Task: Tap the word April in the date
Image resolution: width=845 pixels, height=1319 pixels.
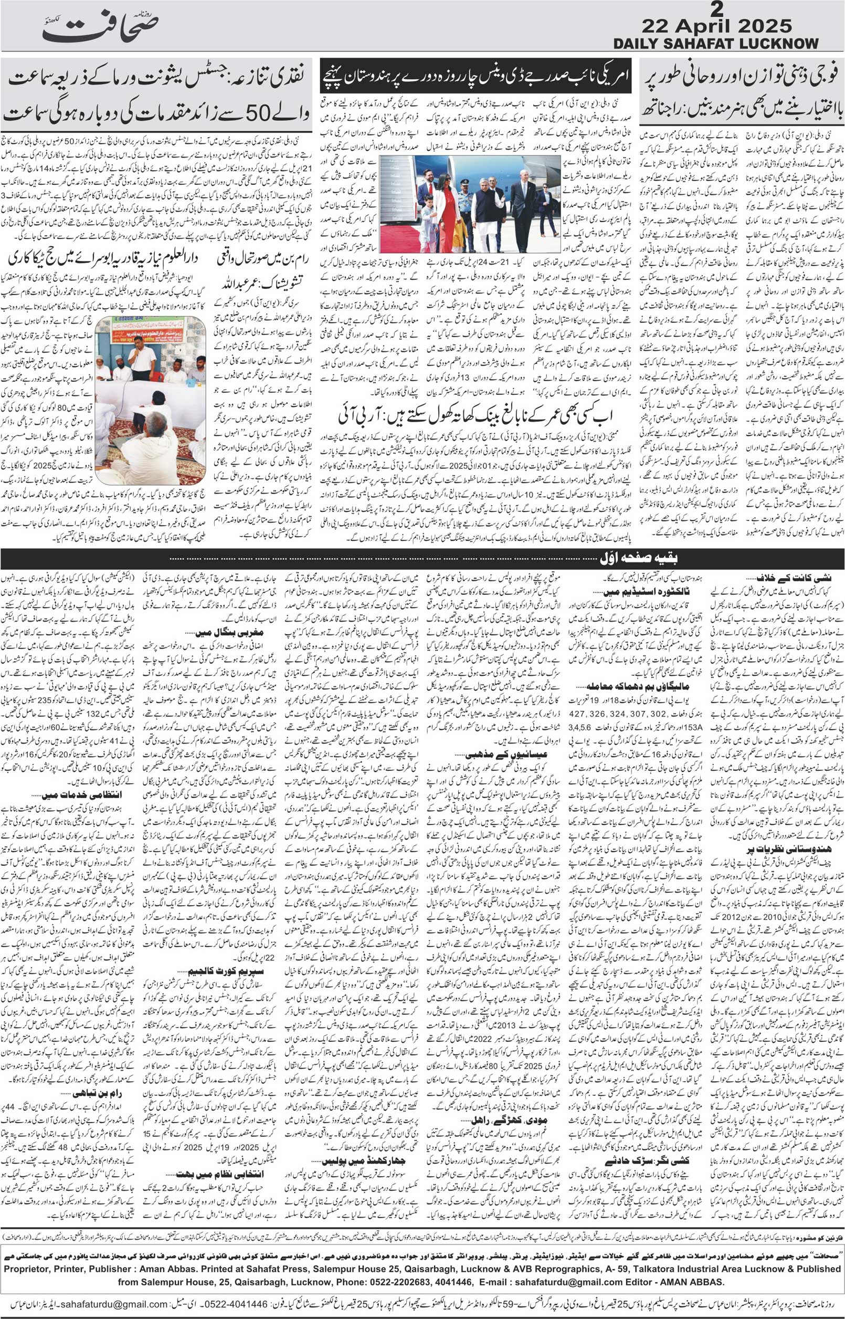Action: (721, 26)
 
